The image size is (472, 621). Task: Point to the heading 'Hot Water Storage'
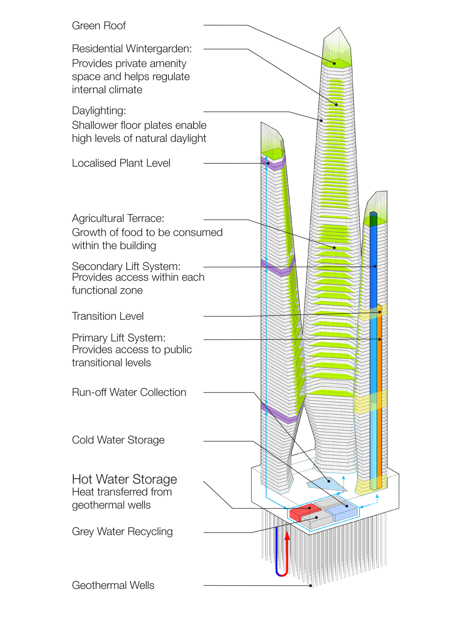124,479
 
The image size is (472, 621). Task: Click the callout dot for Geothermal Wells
310,586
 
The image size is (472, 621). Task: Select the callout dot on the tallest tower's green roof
334,64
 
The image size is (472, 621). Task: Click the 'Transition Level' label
108,316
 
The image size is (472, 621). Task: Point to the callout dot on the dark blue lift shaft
375,266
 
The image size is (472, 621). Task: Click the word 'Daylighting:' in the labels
99,111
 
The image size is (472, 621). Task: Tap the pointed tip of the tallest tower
339,28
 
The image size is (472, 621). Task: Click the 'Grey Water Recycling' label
122,532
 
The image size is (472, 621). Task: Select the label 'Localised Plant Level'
121,163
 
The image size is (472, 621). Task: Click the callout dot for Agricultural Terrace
334,248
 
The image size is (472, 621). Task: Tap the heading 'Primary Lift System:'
118,338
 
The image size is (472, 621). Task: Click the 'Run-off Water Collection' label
129,392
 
